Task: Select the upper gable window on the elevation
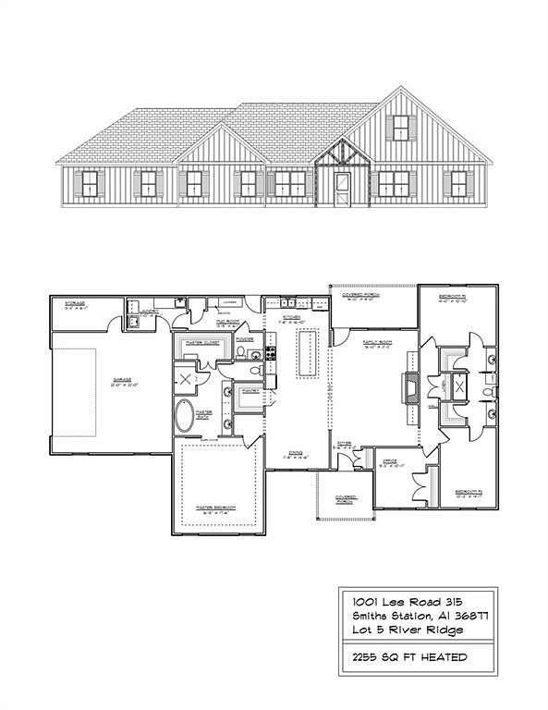[400, 128]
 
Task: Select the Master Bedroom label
[213, 508]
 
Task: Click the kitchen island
[306, 354]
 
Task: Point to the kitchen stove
[271, 352]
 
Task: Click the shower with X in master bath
[185, 379]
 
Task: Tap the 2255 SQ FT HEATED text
[403, 657]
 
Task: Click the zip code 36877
[468, 616]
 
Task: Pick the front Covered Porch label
[347, 499]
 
